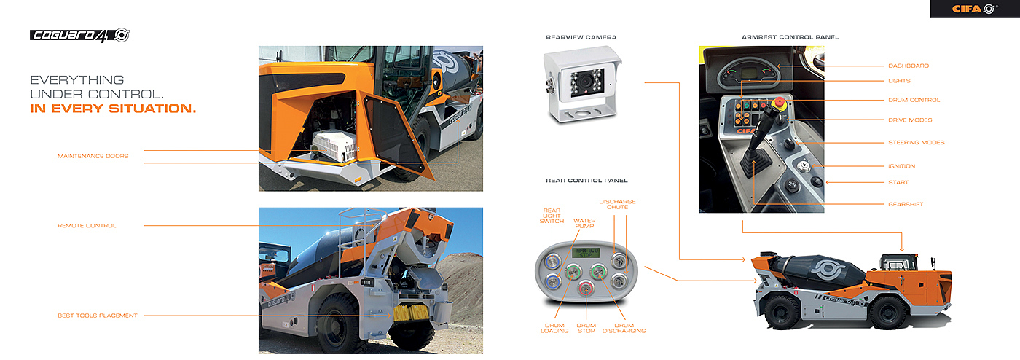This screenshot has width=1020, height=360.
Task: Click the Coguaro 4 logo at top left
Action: click(x=79, y=35)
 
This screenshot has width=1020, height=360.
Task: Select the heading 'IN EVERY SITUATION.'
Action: click(x=113, y=109)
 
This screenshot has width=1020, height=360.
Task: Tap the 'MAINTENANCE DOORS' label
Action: click(x=93, y=156)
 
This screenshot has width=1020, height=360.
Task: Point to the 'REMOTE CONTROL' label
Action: click(x=87, y=226)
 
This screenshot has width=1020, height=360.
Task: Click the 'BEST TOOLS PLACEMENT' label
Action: click(x=97, y=316)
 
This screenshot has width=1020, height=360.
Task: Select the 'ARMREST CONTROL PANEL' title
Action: click(x=790, y=37)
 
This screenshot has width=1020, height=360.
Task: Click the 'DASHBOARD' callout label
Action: click(x=908, y=66)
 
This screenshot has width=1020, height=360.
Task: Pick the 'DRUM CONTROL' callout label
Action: click(x=914, y=100)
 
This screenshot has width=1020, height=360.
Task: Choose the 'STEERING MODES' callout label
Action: click(x=916, y=142)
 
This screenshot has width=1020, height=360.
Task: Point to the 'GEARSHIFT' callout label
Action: click(x=906, y=204)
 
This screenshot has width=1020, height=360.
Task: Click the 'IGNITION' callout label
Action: click(x=901, y=166)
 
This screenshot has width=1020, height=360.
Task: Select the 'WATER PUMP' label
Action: click(x=584, y=223)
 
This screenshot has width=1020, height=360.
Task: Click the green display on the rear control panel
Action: click(x=584, y=252)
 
